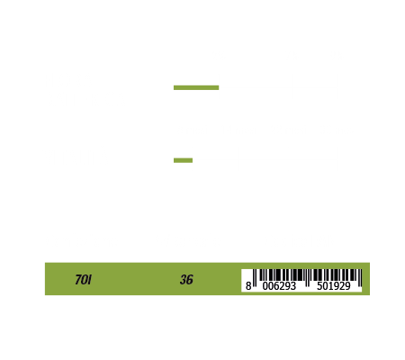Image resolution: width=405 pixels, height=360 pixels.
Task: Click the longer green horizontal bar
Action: point(196,87)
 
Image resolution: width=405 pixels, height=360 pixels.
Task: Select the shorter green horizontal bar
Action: point(183,160)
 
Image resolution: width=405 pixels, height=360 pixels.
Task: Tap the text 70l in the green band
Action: point(83,280)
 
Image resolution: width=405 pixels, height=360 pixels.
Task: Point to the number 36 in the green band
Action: point(186,280)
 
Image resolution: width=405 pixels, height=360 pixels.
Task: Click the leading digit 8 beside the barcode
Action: point(248,286)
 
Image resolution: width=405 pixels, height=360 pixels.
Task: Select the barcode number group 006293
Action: point(279,286)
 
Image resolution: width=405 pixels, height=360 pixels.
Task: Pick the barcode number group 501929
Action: point(334,286)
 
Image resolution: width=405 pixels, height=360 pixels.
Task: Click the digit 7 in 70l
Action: point(78,280)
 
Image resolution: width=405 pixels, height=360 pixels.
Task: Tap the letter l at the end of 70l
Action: point(90,280)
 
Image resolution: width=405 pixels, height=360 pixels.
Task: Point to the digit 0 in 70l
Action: point(85,280)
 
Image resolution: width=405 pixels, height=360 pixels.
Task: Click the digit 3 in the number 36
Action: point(183,280)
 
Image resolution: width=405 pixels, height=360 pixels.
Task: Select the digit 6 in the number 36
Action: point(190,280)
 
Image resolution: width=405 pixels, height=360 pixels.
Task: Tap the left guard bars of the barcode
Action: point(255,278)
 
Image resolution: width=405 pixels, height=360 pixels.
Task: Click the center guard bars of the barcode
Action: point(307,278)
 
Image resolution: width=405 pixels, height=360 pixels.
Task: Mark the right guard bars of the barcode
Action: point(360,278)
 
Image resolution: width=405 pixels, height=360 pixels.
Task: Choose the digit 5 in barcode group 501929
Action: point(319,286)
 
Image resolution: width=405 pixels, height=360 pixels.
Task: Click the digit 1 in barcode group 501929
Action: point(331,286)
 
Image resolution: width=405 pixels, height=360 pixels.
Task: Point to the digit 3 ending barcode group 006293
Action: point(293,286)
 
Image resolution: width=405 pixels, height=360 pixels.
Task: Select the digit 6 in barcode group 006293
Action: point(276,286)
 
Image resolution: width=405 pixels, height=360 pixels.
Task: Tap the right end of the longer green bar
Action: point(219,87)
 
